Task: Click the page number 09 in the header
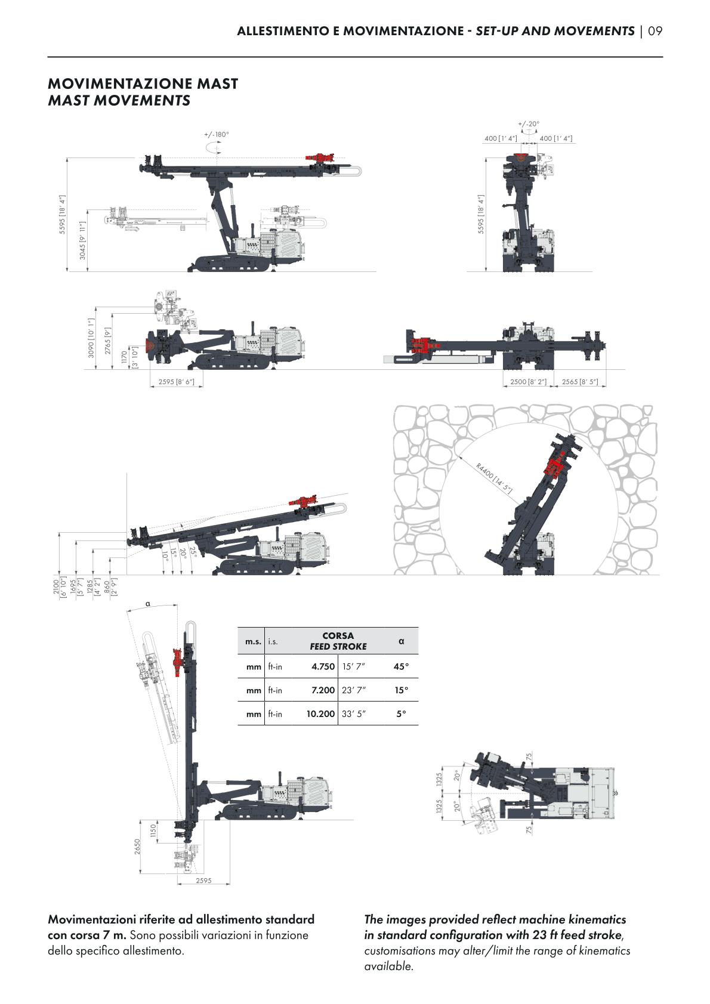655,31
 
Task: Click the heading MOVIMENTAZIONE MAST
143,84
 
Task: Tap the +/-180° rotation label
217,134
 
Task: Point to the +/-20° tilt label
529,123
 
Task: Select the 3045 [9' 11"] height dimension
82,240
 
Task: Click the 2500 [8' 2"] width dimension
529,382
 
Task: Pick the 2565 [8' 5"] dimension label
580,382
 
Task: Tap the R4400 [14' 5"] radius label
493,478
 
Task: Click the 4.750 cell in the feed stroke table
323,666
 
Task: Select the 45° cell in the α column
401,666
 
